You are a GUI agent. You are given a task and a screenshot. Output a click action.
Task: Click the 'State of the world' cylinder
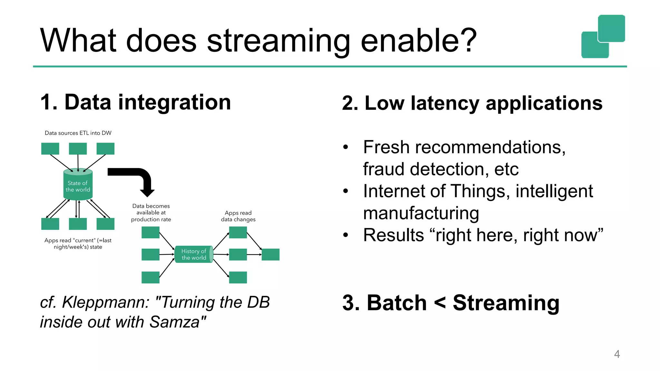78,185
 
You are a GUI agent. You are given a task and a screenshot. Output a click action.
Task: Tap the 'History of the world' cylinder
193,254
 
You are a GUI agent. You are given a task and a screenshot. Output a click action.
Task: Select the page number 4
617,354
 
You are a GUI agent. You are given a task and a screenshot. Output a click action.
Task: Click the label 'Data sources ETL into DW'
78,133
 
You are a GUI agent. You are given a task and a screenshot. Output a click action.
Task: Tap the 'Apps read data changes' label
238,216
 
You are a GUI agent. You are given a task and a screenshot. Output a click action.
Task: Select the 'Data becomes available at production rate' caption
151,213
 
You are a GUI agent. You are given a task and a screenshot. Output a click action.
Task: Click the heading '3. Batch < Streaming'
451,303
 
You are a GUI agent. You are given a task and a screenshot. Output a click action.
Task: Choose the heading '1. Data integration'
135,102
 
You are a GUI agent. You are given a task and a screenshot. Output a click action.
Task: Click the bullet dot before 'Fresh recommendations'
345,147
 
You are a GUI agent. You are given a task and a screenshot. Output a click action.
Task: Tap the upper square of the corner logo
611,28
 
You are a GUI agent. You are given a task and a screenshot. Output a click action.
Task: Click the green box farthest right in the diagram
270,254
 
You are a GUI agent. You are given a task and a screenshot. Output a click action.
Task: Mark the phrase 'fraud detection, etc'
441,169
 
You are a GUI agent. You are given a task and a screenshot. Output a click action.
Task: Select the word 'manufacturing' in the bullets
421,213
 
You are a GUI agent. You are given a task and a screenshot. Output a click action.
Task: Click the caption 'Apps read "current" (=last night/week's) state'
78,244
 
